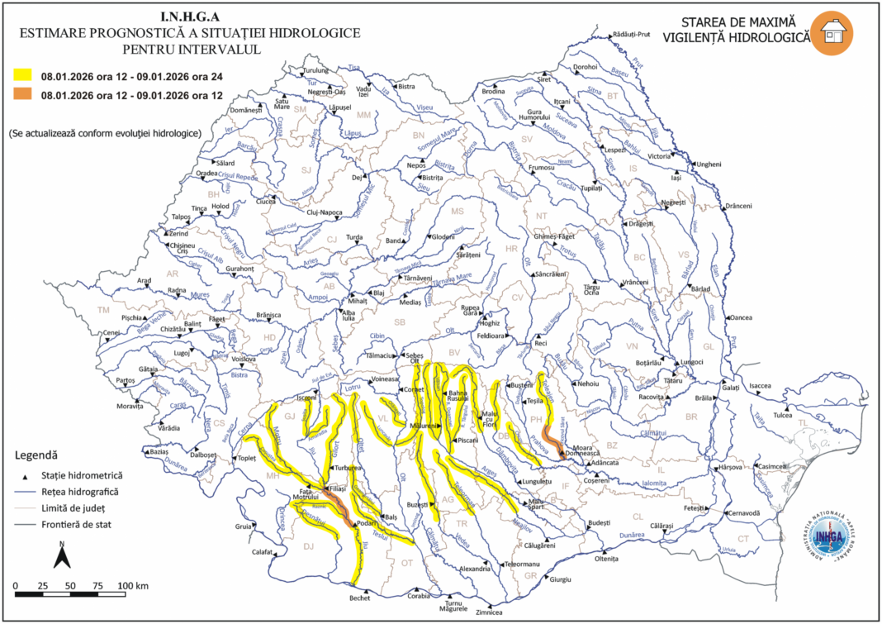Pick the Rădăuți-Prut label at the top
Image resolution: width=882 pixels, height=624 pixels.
tap(634, 35)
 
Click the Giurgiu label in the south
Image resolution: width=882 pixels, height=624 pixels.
tap(561, 580)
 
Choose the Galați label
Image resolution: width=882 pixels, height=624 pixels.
tap(730, 388)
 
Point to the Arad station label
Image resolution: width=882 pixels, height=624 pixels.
tap(145, 281)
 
